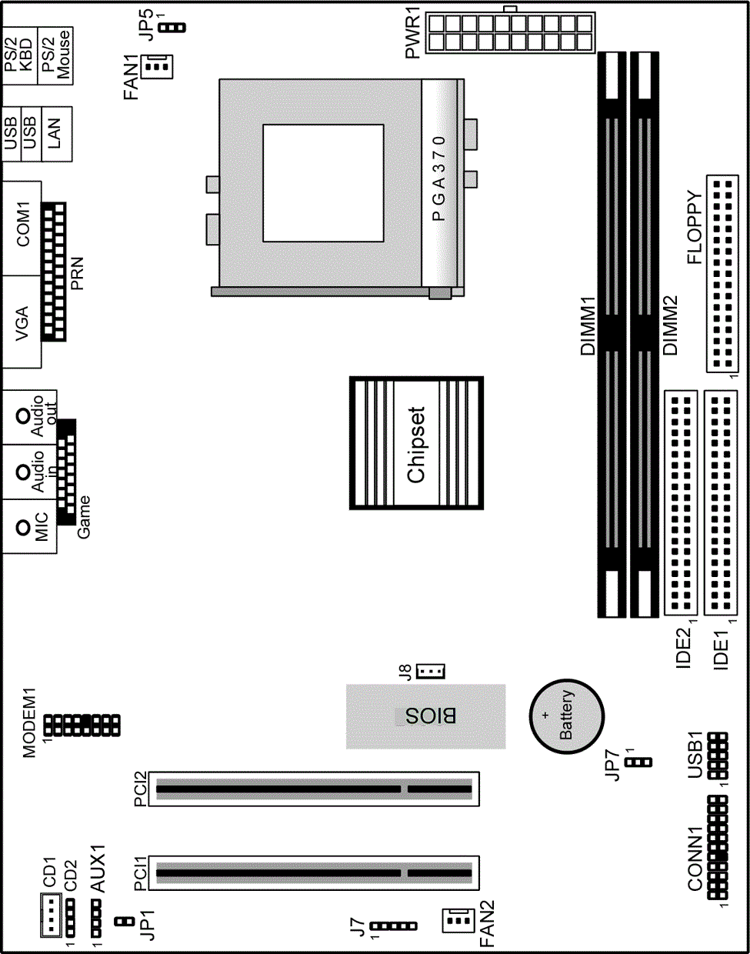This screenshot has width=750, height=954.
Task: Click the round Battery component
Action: tap(566, 716)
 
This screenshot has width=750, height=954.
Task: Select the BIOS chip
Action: tap(425, 716)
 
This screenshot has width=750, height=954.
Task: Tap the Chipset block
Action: tap(416, 443)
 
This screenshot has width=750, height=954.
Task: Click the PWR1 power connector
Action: tap(510, 32)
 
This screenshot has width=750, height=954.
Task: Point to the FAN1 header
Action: tap(157, 67)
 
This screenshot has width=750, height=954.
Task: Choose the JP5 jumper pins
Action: tap(172, 28)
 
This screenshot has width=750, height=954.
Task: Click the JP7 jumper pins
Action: tap(638, 762)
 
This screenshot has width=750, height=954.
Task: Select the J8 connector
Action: tap(431, 671)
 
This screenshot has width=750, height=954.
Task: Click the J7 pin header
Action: tap(394, 926)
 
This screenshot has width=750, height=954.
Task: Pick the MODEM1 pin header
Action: tap(82, 726)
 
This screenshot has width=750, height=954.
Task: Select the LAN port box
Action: tap(57, 134)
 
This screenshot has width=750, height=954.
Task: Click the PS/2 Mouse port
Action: tap(55, 56)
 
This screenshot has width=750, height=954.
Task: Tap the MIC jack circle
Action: tap(22, 527)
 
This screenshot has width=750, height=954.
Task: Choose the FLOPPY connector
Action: tap(722, 274)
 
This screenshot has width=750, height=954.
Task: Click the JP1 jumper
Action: tap(125, 922)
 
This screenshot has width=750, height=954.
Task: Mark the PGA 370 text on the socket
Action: tap(438, 178)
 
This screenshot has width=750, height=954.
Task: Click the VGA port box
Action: tap(22, 322)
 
